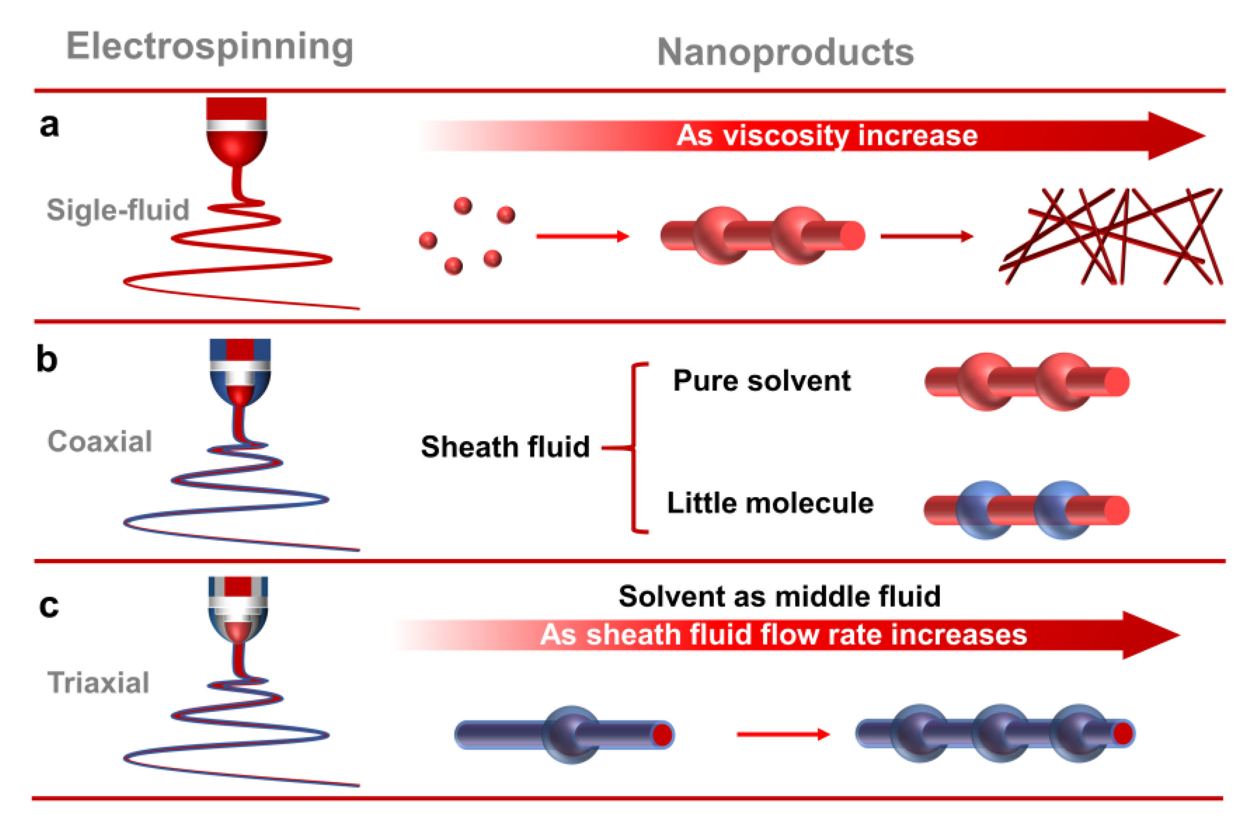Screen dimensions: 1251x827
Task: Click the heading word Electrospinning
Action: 209,48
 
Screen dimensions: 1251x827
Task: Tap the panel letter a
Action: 49,126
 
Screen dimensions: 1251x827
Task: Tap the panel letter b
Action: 46,360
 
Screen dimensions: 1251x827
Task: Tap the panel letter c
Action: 49,606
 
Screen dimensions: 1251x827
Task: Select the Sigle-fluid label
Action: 118,210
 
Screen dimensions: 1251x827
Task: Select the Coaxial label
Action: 100,442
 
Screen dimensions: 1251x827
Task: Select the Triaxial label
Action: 99,683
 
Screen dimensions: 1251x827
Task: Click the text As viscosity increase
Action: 827,135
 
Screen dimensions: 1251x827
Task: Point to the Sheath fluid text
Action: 505,447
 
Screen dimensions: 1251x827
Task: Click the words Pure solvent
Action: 762,381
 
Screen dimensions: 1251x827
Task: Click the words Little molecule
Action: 770,503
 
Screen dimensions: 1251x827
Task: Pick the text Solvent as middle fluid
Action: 779,597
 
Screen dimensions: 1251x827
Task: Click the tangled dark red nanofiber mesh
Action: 1111,237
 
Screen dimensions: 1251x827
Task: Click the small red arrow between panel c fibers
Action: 783,734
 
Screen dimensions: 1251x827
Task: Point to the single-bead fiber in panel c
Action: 565,734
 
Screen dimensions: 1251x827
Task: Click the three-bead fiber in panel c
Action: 994,733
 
